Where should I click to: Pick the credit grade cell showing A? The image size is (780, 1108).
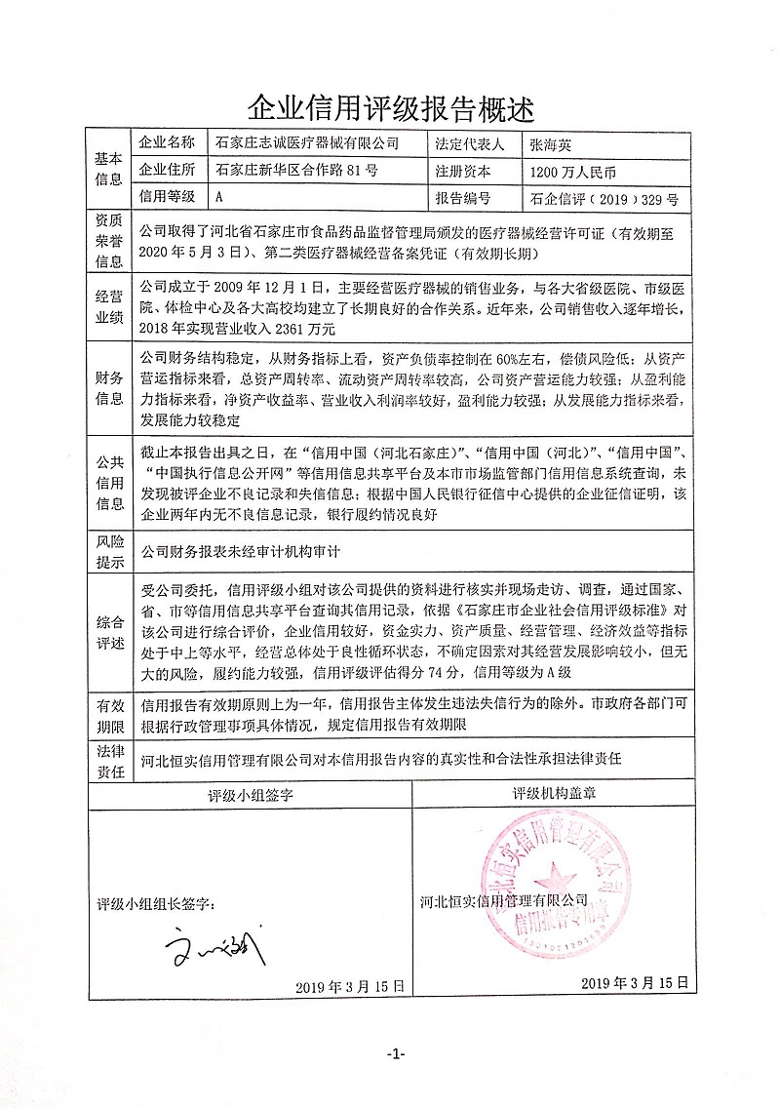click(219, 196)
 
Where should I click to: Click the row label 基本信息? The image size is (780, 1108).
click(108, 170)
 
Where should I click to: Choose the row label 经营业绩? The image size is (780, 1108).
click(108, 306)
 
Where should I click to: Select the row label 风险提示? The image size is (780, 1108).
click(108, 550)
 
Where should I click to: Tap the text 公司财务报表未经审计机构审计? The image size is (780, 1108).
click(240, 550)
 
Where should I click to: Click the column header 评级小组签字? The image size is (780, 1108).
click(252, 795)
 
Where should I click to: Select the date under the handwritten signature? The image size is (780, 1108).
click(348, 986)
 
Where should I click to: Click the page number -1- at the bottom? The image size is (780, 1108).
click(395, 1054)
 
